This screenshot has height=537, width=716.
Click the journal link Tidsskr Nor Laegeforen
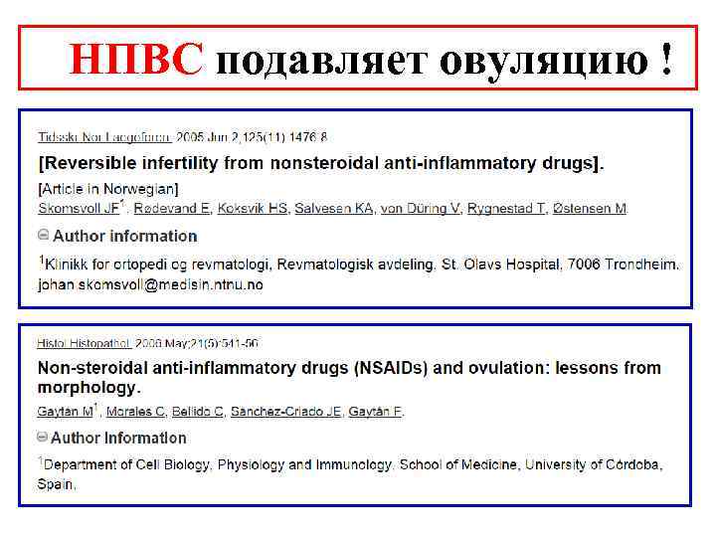pos(104,136)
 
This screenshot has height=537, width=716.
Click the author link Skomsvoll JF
pos(79,208)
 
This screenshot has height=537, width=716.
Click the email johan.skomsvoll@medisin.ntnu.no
pos(151,283)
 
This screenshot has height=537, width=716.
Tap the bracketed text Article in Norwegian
pos(108,188)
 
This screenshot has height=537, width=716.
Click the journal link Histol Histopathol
pos(85,343)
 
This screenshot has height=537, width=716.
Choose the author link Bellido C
pos(196,411)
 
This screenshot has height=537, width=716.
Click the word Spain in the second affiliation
pos(56,484)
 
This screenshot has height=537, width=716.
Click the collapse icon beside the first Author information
pos(43,236)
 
